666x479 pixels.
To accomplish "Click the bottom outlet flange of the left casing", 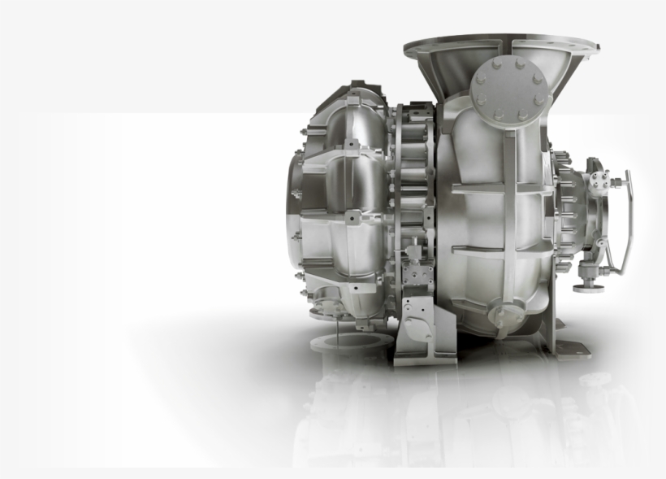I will (325, 307).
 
